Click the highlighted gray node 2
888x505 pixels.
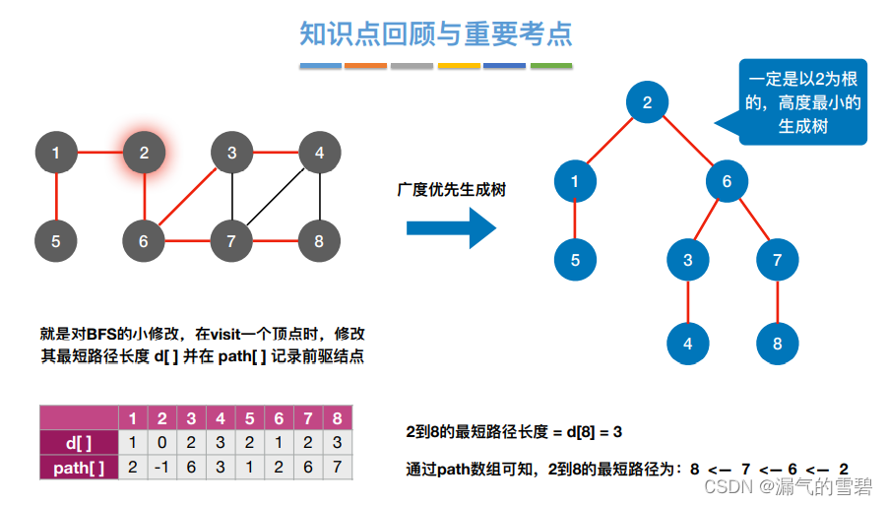pyautogui.click(x=144, y=153)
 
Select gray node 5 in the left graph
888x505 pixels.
pyautogui.click(x=56, y=240)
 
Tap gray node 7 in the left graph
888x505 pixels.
pyautogui.click(x=231, y=240)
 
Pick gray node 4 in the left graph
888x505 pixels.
pyautogui.click(x=319, y=153)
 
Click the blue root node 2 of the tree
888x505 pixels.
pyautogui.click(x=647, y=102)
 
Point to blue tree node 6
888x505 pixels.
pyautogui.click(x=727, y=181)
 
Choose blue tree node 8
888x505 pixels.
pyautogui.click(x=778, y=344)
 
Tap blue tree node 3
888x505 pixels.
pyautogui.click(x=687, y=261)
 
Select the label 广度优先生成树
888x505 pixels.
pyautogui.click(x=452, y=189)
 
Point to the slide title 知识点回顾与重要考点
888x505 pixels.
pyautogui.click(x=436, y=34)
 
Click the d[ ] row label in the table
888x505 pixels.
pyautogui.click(x=79, y=442)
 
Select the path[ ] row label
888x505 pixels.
pyautogui.click(x=79, y=468)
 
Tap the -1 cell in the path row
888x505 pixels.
pyautogui.click(x=162, y=468)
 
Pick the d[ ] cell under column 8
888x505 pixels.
pyautogui.click(x=338, y=442)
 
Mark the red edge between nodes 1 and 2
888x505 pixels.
pyautogui.click(x=99, y=153)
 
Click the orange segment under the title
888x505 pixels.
pyautogui.click(x=365, y=66)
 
